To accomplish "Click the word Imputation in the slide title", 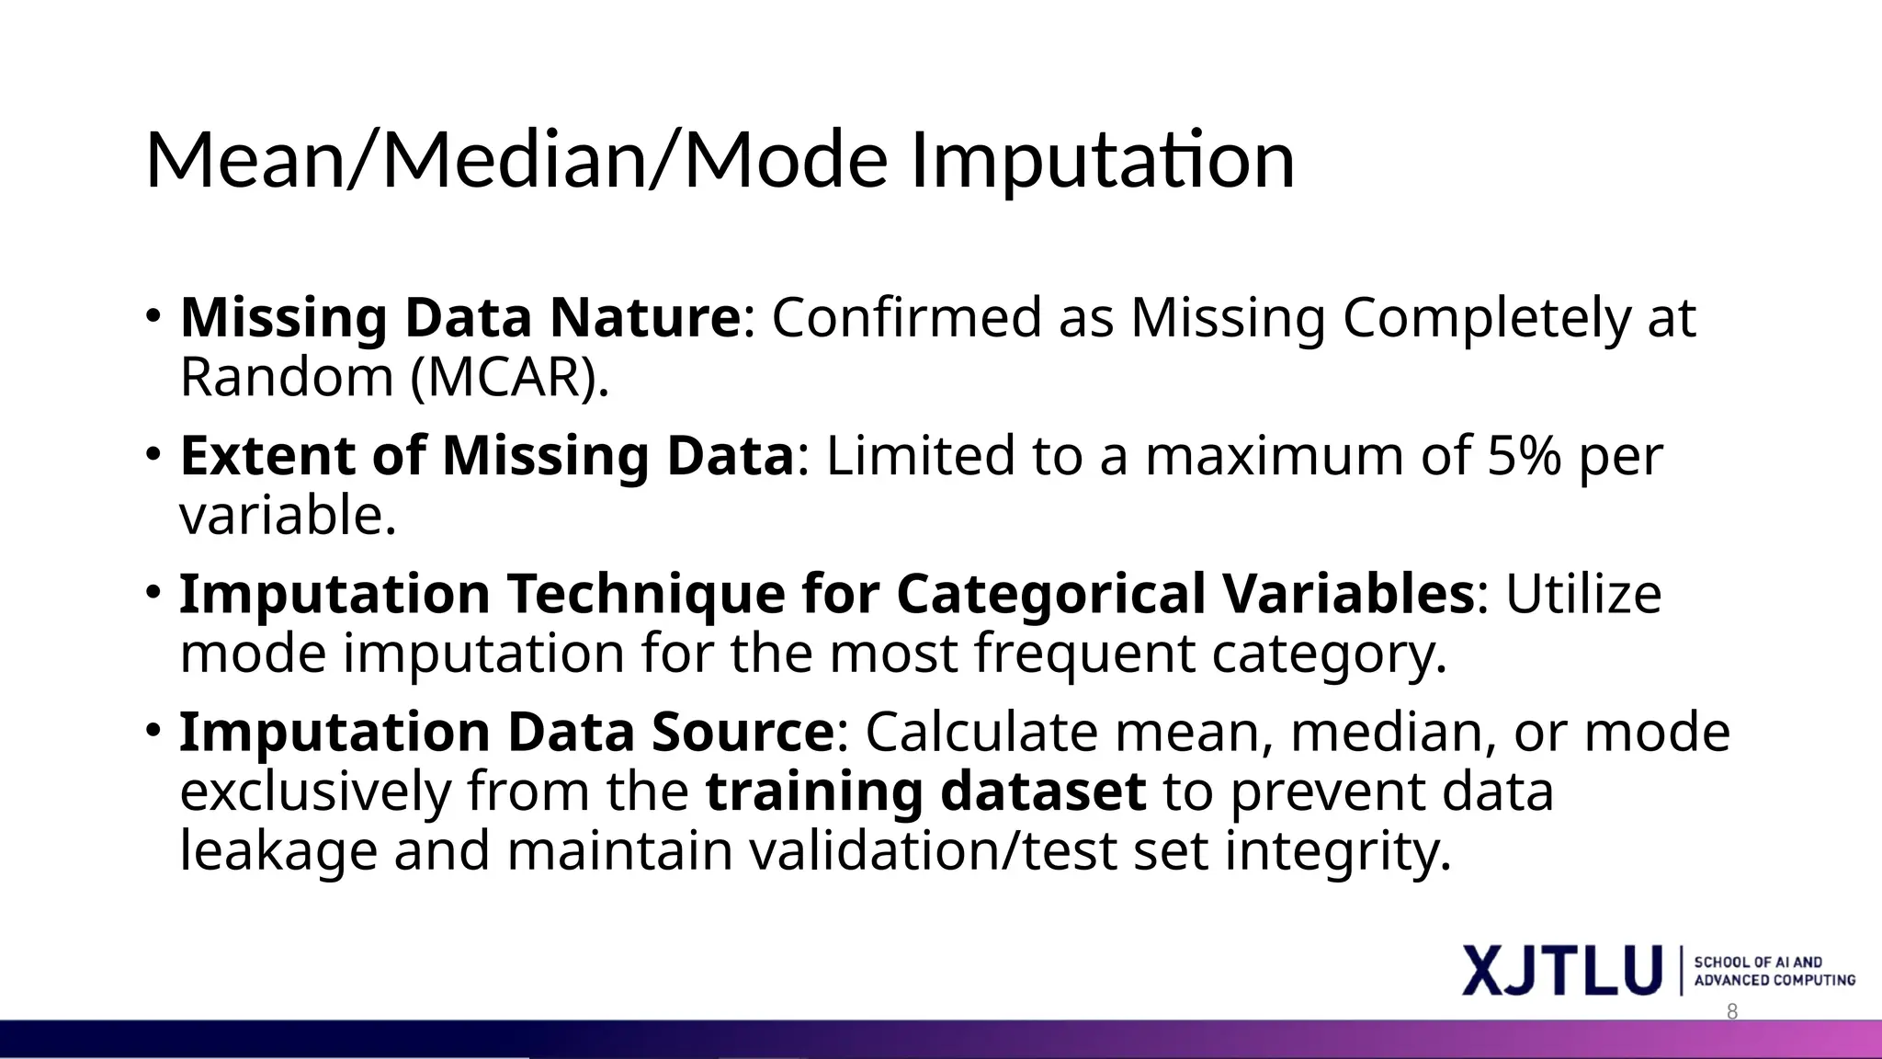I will pyautogui.click(x=1102, y=162).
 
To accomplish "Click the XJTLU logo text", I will pyautogui.click(x=1562, y=971).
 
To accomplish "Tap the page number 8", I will pyautogui.click(x=1732, y=1012).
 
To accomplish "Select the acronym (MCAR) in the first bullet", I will pyautogui.click(x=510, y=378).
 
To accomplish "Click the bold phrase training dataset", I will pyautogui.click(x=925, y=791).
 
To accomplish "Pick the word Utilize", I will pyautogui.click(x=1582, y=594).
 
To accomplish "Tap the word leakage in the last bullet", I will pyautogui.click(x=278, y=851).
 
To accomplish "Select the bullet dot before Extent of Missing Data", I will pyautogui.click(x=153, y=454).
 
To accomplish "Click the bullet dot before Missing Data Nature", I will pyautogui.click(x=153, y=316).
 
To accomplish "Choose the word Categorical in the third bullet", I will pyautogui.click(x=1049, y=594).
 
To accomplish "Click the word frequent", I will pyautogui.click(x=1084, y=655).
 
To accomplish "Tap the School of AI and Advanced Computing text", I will pyautogui.click(x=1774, y=971).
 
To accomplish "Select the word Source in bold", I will pyautogui.click(x=742, y=733).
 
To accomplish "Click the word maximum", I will pyautogui.click(x=1274, y=456).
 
